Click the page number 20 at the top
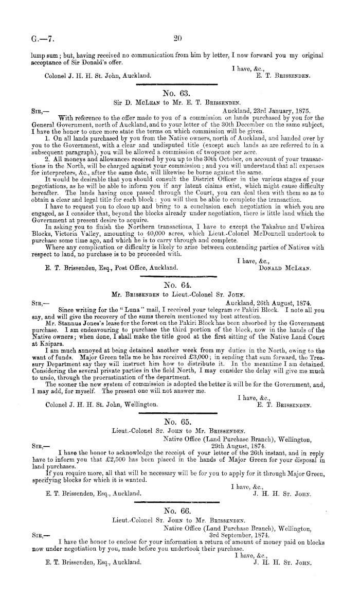[179, 38]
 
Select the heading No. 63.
[177, 93]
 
